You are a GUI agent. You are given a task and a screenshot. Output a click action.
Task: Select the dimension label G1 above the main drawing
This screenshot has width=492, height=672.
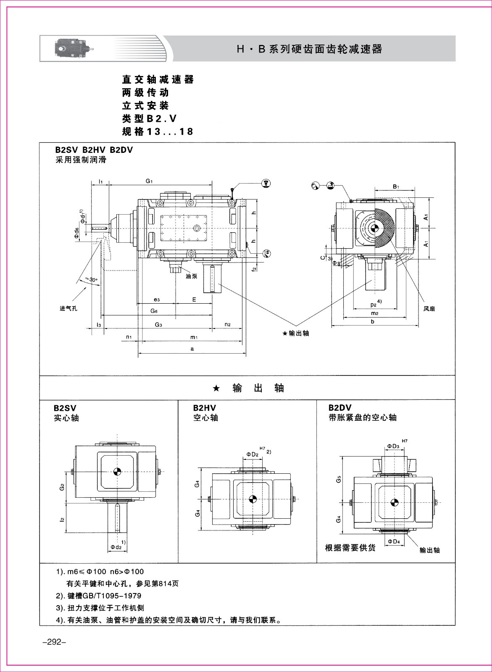tap(149, 181)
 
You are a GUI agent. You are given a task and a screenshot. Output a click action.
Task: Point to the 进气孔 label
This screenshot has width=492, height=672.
tap(68, 308)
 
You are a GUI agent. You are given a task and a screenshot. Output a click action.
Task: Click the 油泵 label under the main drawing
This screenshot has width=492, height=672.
tap(191, 276)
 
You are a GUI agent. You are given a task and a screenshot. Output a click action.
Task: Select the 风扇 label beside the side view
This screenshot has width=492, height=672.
tap(429, 308)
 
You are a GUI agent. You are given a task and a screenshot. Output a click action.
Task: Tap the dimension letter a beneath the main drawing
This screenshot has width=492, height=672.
tap(192, 349)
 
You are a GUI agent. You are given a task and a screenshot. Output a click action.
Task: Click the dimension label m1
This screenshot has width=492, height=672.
tap(194, 337)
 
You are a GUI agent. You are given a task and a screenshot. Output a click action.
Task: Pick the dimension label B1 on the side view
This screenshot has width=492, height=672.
tap(396, 186)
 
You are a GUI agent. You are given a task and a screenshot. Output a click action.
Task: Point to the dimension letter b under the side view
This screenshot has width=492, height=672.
tap(373, 321)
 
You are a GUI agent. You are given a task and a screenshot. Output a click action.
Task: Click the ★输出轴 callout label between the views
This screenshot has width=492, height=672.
tap(295, 333)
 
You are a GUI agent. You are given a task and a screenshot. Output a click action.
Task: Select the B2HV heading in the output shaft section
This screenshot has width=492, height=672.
tap(205, 408)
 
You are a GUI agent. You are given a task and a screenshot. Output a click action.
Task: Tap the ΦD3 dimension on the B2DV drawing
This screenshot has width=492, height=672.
tap(393, 446)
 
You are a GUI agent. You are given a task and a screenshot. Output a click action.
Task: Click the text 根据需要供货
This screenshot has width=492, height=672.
tap(350, 548)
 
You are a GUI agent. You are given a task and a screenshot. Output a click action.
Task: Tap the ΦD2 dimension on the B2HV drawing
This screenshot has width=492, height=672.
tap(253, 454)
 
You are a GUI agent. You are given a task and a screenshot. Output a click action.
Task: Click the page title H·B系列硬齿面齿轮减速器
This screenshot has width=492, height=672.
tap(310, 49)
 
